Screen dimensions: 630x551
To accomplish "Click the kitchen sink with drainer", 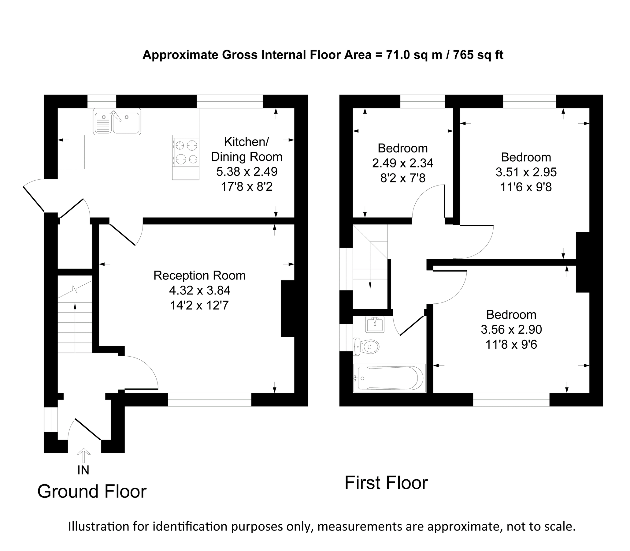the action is (x=117, y=122).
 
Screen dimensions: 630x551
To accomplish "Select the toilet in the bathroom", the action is (x=366, y=346).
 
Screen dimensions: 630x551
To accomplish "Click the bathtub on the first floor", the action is (x=390, y=378).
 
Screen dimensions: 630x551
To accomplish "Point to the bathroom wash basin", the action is (x=375, y=325).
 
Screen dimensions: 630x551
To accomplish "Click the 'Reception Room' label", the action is (x=199, y=275).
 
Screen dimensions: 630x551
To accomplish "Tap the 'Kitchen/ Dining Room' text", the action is (x=247, y=149).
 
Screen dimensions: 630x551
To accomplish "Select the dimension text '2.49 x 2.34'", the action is (x=403, y=163).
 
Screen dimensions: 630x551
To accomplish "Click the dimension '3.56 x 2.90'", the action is (x=511, y=330).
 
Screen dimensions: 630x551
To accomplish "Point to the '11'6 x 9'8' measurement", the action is (x=526, y=187).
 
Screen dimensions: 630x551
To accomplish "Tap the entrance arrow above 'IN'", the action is (x=83, y=456).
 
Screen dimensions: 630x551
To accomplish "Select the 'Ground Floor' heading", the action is (x=92, y=500).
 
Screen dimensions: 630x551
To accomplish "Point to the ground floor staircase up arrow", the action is (x=75, y=328).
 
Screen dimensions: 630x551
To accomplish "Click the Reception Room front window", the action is (x=209, y=399).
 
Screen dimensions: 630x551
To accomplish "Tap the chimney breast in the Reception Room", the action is (x=288, y=308).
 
